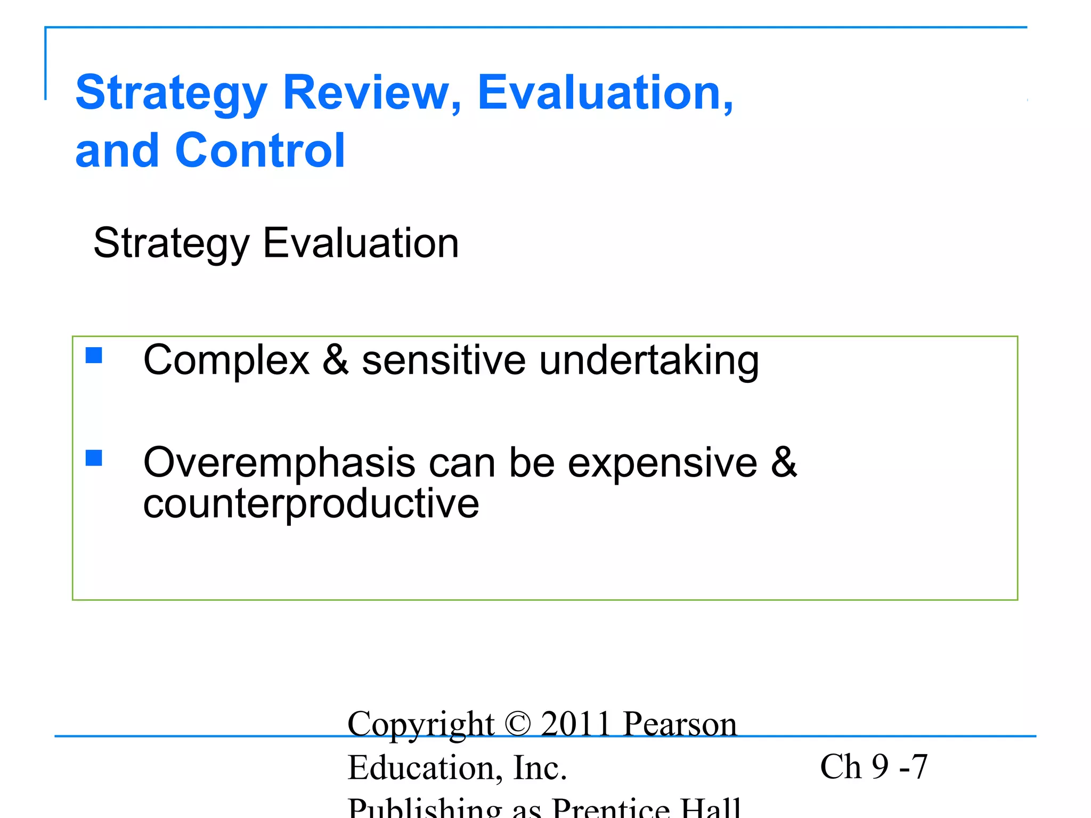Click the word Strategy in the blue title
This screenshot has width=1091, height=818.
pos(171,94)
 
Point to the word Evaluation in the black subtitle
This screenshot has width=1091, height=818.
pos(361,243)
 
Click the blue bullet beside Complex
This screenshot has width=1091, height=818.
pos(94,355)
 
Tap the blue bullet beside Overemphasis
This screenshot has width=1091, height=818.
pos(94,458)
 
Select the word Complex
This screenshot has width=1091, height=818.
pos(226,361)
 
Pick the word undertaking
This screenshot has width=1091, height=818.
pos(649,361)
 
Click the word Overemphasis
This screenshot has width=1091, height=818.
pos(279,462)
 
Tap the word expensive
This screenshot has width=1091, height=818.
pos(662,463)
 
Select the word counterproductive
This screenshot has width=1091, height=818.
pos(311,504)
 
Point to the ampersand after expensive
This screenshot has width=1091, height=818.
pos(784,461)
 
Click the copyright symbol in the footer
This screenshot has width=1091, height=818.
pos(517,724)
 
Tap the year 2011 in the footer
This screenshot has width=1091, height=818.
pos(575,724)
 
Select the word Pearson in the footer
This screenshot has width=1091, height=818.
pos(680,724)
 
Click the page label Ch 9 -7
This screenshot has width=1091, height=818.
pos(874,767)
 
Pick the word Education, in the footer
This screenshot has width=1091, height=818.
pos(425,768)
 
